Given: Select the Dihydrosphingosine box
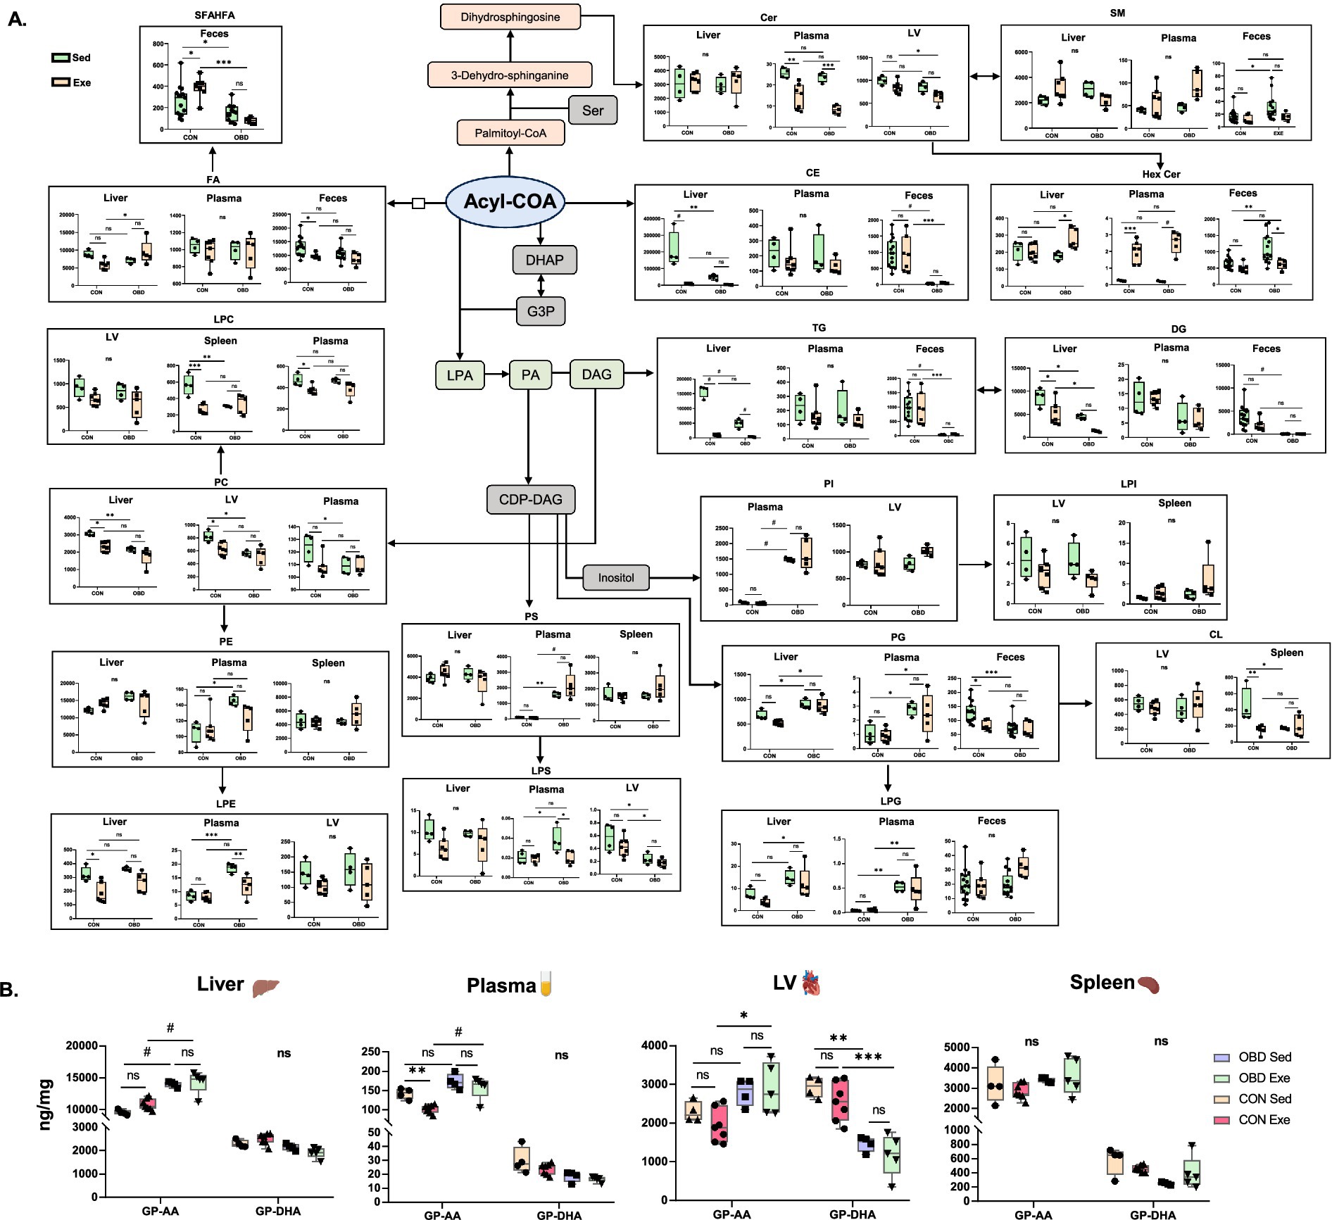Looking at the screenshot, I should point(510,17).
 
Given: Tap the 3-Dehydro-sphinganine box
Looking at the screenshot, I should point(510,75).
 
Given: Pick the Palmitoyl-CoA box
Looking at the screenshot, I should point(510,132).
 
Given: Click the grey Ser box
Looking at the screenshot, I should point(593,110).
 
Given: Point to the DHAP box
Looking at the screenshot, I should point(544,260).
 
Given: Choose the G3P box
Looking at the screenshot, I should point(541,310).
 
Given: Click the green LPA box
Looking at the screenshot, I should point(460,375).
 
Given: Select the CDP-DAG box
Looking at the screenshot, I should point(531,499).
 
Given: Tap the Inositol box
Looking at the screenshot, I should point(616,577).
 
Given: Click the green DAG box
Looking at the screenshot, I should point(596,375).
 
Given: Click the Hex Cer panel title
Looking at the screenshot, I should point(1161,174).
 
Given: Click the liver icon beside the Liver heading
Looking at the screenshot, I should point(265,987).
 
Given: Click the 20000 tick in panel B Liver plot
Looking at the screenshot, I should point(81,1045).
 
